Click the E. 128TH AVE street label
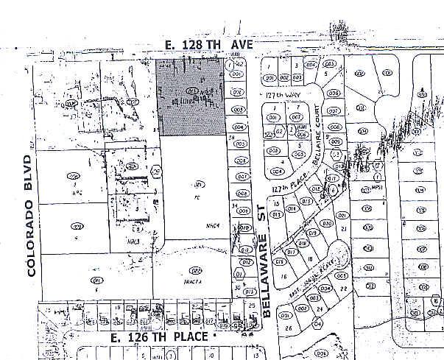pos(208,45)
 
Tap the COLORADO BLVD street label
pos(30,215)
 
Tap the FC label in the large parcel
pos(197,197)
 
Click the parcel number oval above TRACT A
pos(194,269)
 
